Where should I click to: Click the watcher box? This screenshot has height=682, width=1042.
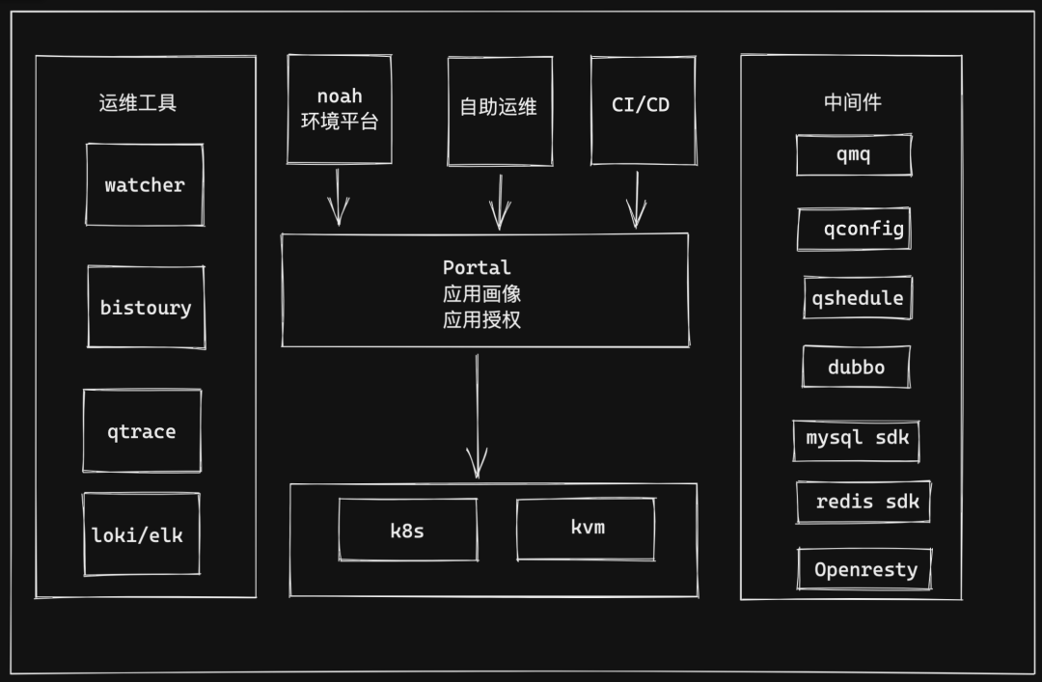coord(145,185)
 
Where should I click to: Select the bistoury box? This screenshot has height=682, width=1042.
coord(146,308)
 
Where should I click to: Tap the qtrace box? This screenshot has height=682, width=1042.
coord(142,431)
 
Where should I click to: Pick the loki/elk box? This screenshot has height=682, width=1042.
coord(141,534)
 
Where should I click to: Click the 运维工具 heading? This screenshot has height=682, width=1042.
coord(138,103)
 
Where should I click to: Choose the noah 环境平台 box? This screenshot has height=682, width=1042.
coord(340,109)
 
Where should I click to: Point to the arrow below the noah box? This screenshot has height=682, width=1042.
coord(338,198)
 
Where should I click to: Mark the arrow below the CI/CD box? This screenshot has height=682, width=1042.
coord(636,200)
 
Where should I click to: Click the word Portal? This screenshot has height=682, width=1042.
coord(477,267)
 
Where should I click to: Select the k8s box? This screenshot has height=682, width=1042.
coord(407,530)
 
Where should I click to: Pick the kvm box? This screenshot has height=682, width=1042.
coord(586,529)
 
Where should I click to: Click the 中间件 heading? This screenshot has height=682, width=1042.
coord(852,102)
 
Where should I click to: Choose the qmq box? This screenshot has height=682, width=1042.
coord(854,154)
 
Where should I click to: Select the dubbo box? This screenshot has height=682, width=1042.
coord(856,367)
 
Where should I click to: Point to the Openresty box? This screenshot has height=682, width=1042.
coord(864,569)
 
